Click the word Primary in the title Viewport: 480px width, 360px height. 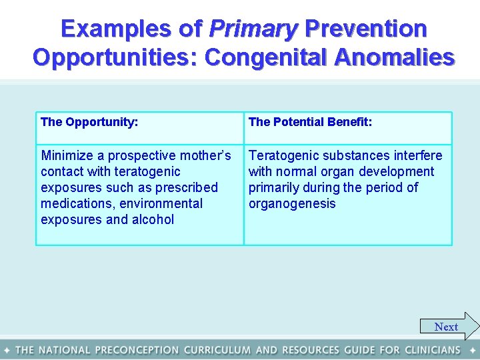[x=253, y=29]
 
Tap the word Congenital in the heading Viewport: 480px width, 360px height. [x=265, y=57]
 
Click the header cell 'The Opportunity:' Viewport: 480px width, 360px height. [x=89, y=122]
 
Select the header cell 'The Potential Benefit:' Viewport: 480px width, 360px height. [x=310, y=122]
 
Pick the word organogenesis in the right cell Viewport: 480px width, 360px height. [x=292, y=203]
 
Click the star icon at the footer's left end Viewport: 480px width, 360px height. [x=7, y=350]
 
